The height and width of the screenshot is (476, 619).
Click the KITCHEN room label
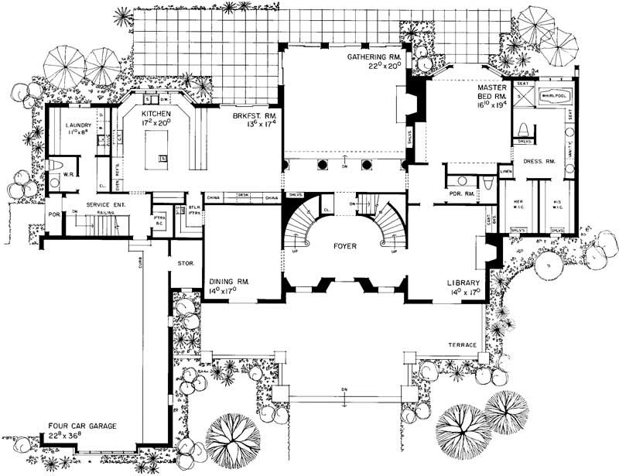[156, 114]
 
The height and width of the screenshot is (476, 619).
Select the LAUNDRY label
[79, 125]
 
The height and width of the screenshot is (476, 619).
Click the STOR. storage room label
[186, 263]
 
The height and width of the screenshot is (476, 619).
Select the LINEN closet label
[507, 171]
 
